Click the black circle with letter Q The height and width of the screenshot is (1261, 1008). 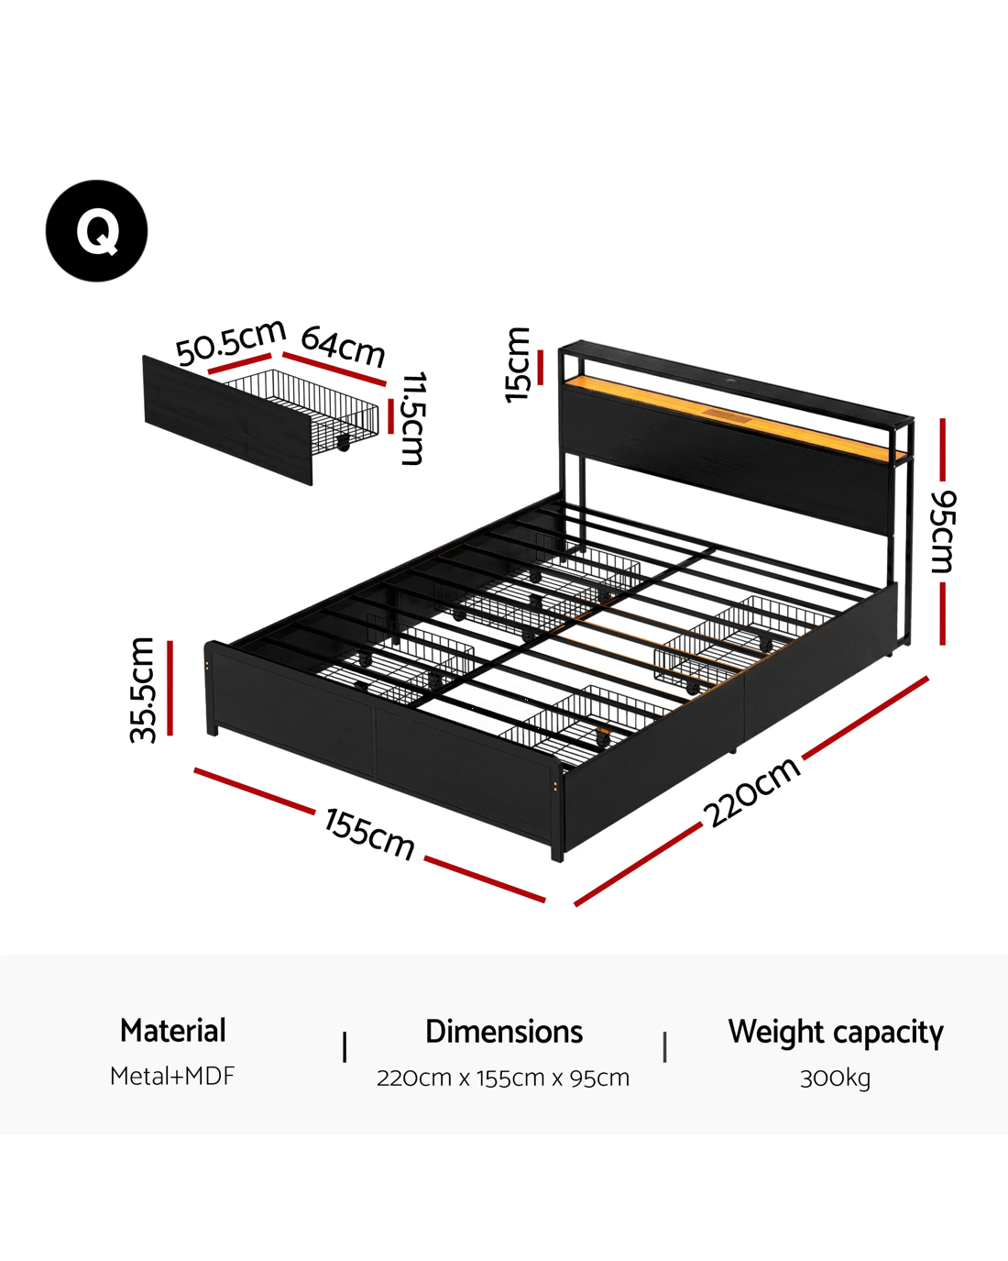click(96, 230)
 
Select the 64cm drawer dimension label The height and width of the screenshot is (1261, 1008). click(343, 346)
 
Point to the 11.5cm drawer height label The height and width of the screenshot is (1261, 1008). click(414, 418)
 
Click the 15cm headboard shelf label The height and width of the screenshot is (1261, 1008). click(517, 365)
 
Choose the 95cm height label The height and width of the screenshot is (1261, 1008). click(943, 532)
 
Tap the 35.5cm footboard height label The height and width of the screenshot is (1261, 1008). click(143, 690)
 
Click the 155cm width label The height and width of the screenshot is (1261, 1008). click(369, 834)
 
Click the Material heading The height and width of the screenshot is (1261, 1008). click(172, 1031)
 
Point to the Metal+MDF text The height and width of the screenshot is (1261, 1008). click(172, 1076)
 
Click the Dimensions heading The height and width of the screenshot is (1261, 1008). click(504, 1032)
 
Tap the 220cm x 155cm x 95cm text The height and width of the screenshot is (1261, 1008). click(503, 1078)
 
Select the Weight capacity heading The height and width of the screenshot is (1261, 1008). click(836, 1032)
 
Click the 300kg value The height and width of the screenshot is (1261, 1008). click(835, 1078)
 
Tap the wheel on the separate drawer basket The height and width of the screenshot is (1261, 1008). click(344, 444)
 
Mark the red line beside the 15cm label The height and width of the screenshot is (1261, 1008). click(541, 367)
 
